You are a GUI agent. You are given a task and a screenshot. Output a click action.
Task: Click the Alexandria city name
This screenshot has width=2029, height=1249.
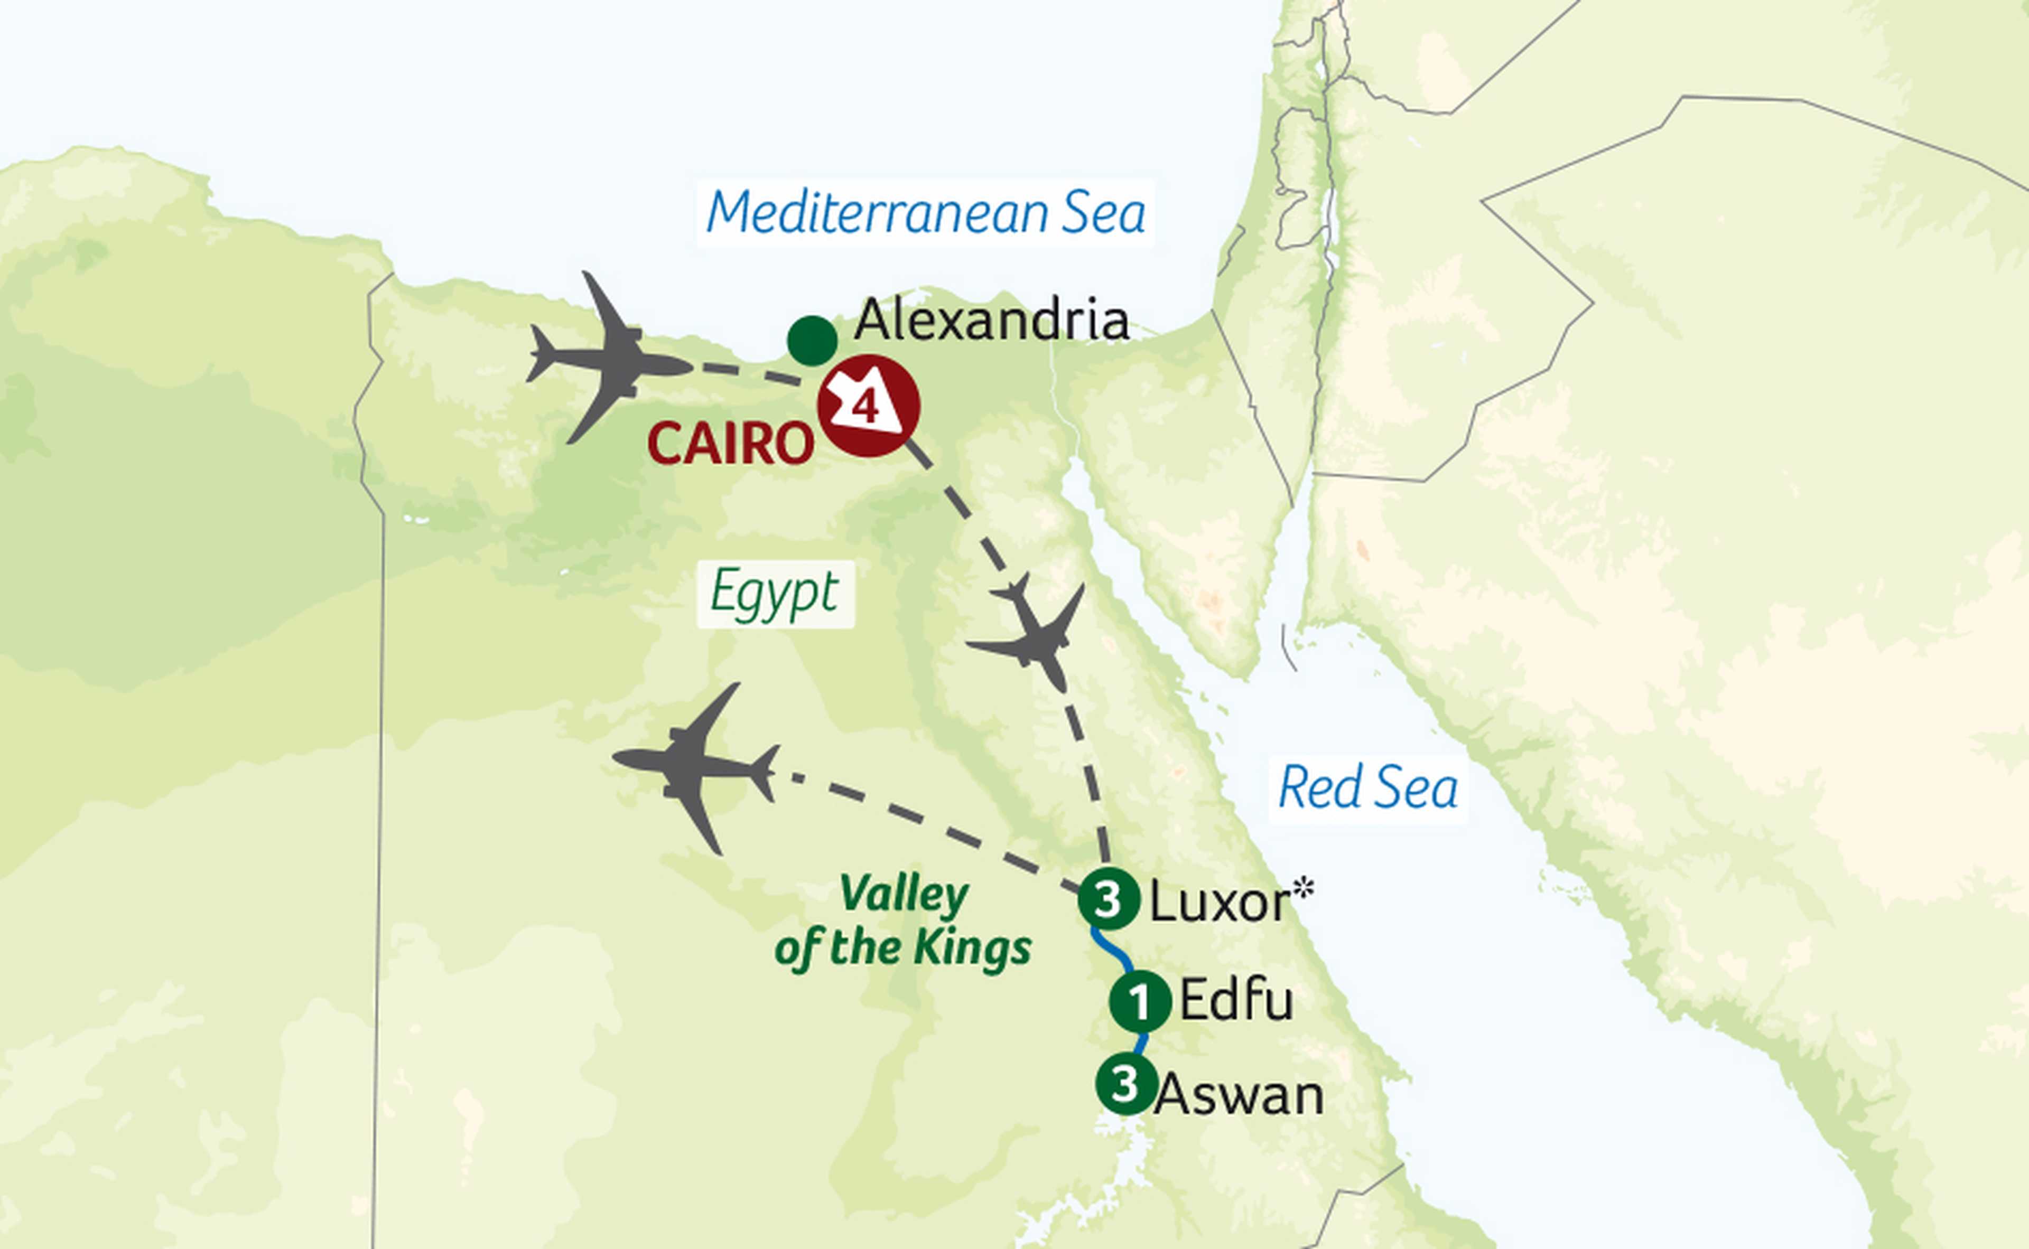991,321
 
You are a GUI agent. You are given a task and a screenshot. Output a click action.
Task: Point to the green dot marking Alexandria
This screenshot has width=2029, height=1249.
812,340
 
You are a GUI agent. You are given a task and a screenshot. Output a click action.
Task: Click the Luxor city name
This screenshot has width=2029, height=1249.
1218,903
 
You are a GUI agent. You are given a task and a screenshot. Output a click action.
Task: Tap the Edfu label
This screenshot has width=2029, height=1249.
1235,1000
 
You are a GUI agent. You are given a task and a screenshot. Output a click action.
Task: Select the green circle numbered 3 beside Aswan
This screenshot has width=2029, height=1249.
1125,1085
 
